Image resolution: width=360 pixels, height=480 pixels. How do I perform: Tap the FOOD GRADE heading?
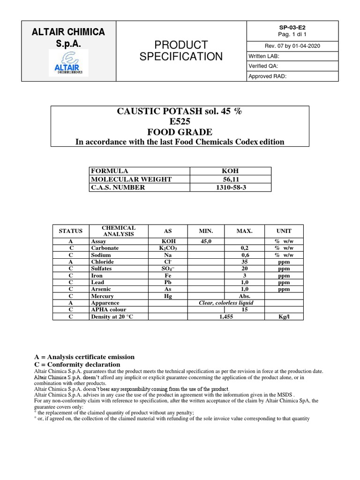tap(180, 133)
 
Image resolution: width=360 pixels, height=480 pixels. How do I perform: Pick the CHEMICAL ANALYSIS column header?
tap(119, 231)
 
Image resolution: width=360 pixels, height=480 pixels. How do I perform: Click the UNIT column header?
tap(284, 231)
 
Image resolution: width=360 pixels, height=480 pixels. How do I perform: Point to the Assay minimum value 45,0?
tap(206, 241)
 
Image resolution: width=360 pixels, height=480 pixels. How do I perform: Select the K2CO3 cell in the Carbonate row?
tap(168, 248)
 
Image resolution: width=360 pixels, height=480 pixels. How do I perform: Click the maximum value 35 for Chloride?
tap(244, 262)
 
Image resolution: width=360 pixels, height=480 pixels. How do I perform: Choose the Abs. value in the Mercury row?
tap(244, 296)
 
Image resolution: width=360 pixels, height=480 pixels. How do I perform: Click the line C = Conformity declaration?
tap(77, 364)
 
